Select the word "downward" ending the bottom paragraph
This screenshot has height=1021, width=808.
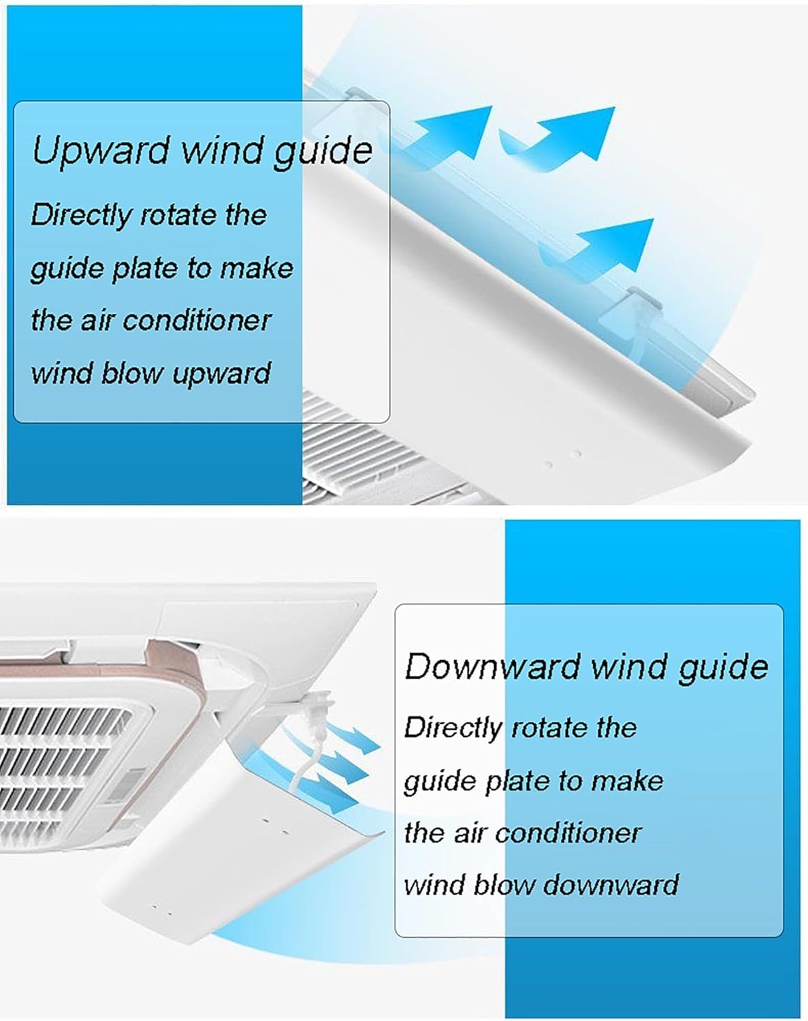coord(611,884)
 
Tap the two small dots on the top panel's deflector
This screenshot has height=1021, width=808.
coord(562,458)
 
